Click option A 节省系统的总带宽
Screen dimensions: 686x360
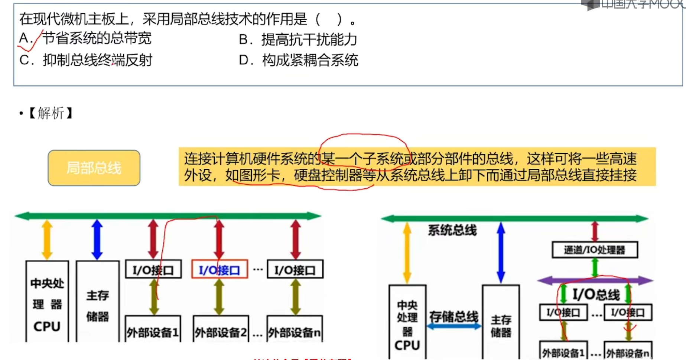(85, 38)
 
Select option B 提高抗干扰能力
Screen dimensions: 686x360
(298, 39)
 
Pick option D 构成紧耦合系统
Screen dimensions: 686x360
(299, 60)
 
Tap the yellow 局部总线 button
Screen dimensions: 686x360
(94, 168)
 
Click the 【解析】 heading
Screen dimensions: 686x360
(51, 113)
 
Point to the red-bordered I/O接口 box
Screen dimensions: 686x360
(219, 269)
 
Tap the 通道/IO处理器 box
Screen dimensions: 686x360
(595, 250)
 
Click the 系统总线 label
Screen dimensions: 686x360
(452, 230)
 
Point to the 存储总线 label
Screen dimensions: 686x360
(454, 317)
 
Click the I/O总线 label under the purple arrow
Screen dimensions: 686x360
(596, 295)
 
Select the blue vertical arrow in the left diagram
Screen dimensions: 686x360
(97, 239)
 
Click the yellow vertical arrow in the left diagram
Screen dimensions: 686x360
(47, 239)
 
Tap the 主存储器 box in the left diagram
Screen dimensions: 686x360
(98, 305)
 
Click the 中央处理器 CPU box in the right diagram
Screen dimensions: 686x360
(407, 323)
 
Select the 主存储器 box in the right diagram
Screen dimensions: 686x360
(501, 323)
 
